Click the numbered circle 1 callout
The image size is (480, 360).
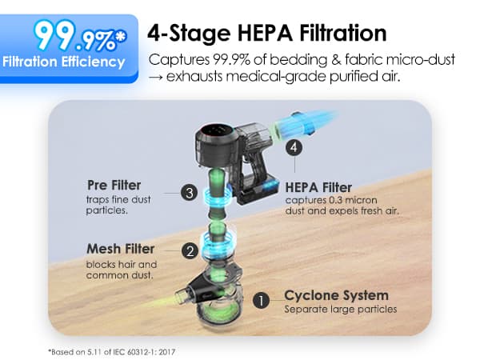[x=261, y=301]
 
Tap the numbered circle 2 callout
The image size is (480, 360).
[x=190, y=251]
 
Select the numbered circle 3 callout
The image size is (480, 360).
[x=189, y=193]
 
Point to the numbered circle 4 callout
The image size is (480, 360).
[x=294, y=147]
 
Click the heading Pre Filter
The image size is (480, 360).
[x=114, y=186]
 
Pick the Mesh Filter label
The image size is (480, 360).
[x=120, y=249]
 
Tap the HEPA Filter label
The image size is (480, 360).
[x=318, y=188]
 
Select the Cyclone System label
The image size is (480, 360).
[x=337, y=295]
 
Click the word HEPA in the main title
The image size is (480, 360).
[x=265, y=33]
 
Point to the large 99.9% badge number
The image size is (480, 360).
[x=75, y=36]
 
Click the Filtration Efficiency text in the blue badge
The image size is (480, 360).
[x=64, y=62]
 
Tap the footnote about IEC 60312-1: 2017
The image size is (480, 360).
[x=112, y=352]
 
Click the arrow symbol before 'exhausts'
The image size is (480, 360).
[x=156, y=77]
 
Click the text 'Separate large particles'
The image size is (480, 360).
[x=341, y=309]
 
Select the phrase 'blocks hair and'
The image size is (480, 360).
[x=122, y=264]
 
